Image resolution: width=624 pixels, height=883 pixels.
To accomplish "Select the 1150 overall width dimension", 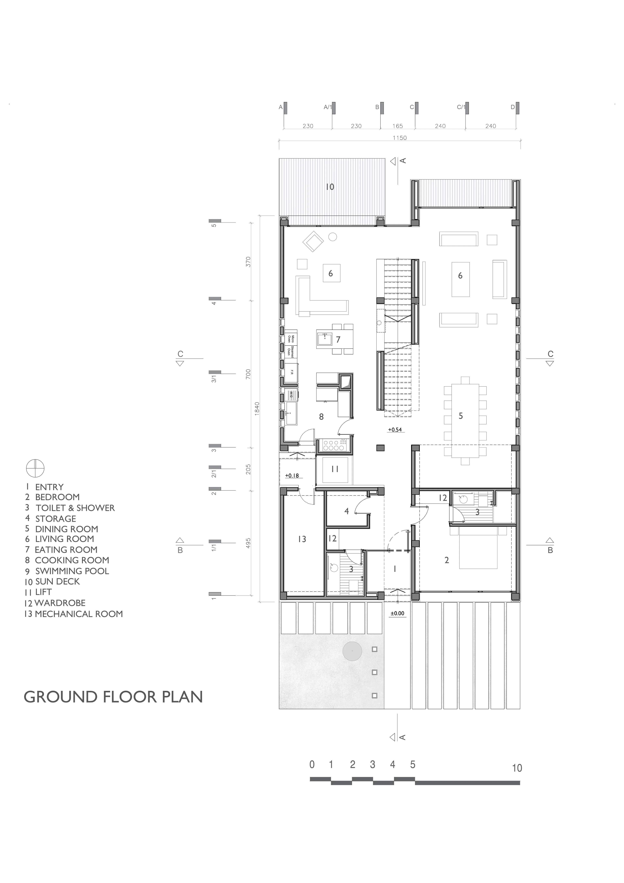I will (399, 138).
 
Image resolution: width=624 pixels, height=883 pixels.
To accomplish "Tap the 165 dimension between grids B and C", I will (397, 126).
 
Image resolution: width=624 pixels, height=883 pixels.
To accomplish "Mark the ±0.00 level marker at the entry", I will (397, 613).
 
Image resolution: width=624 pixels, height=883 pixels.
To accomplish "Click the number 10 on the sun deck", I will (330, 187).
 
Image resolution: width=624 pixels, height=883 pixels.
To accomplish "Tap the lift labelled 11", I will (335, 469).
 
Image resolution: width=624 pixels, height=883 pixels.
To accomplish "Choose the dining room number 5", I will (461, 416).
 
